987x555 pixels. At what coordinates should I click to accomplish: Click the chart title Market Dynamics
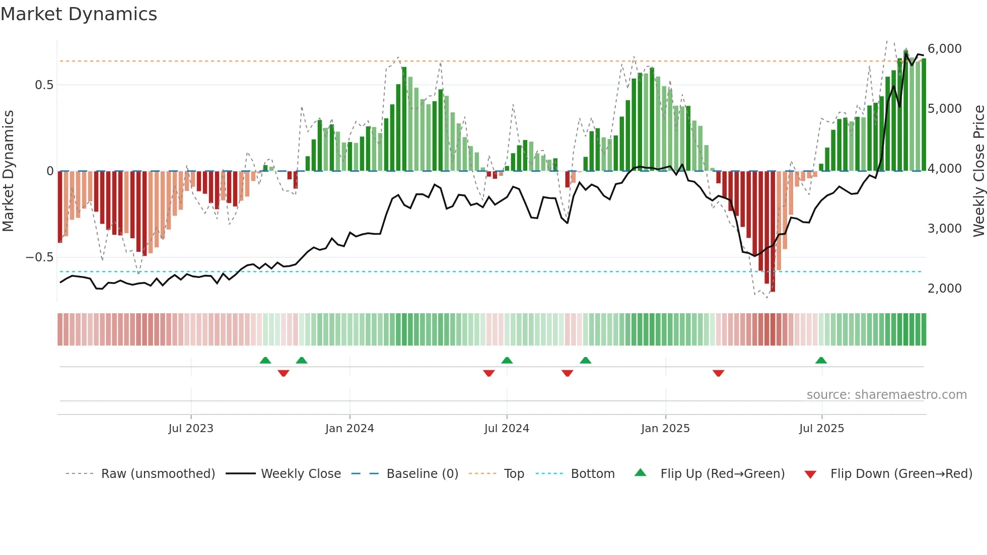[x=79, y=14]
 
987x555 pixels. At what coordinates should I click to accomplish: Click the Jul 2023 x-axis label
[x=191, y=429]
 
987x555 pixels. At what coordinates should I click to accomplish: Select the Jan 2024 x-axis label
[x=349, y=429]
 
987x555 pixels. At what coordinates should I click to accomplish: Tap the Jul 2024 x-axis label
[x=507, y=429]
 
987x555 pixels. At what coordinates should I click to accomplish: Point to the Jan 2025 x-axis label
[x=665, y=429]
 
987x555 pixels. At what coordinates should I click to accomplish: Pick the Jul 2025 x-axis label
[x=821, y=429]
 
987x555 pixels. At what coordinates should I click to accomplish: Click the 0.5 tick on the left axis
[x=44, y=85]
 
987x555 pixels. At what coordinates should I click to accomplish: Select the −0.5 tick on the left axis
[x=40, y=257]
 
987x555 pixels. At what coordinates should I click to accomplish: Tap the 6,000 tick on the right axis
[x=944, y=49]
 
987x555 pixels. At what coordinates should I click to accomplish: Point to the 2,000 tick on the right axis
[x=944, y=289]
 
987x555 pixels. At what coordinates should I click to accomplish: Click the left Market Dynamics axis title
[x=8, y=171]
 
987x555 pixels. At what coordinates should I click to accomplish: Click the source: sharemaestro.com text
[x=886, y=395]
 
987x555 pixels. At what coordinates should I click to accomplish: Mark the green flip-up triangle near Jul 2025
[x=821, y=361]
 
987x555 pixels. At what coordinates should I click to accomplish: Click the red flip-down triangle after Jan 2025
[x=718, y=373]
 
